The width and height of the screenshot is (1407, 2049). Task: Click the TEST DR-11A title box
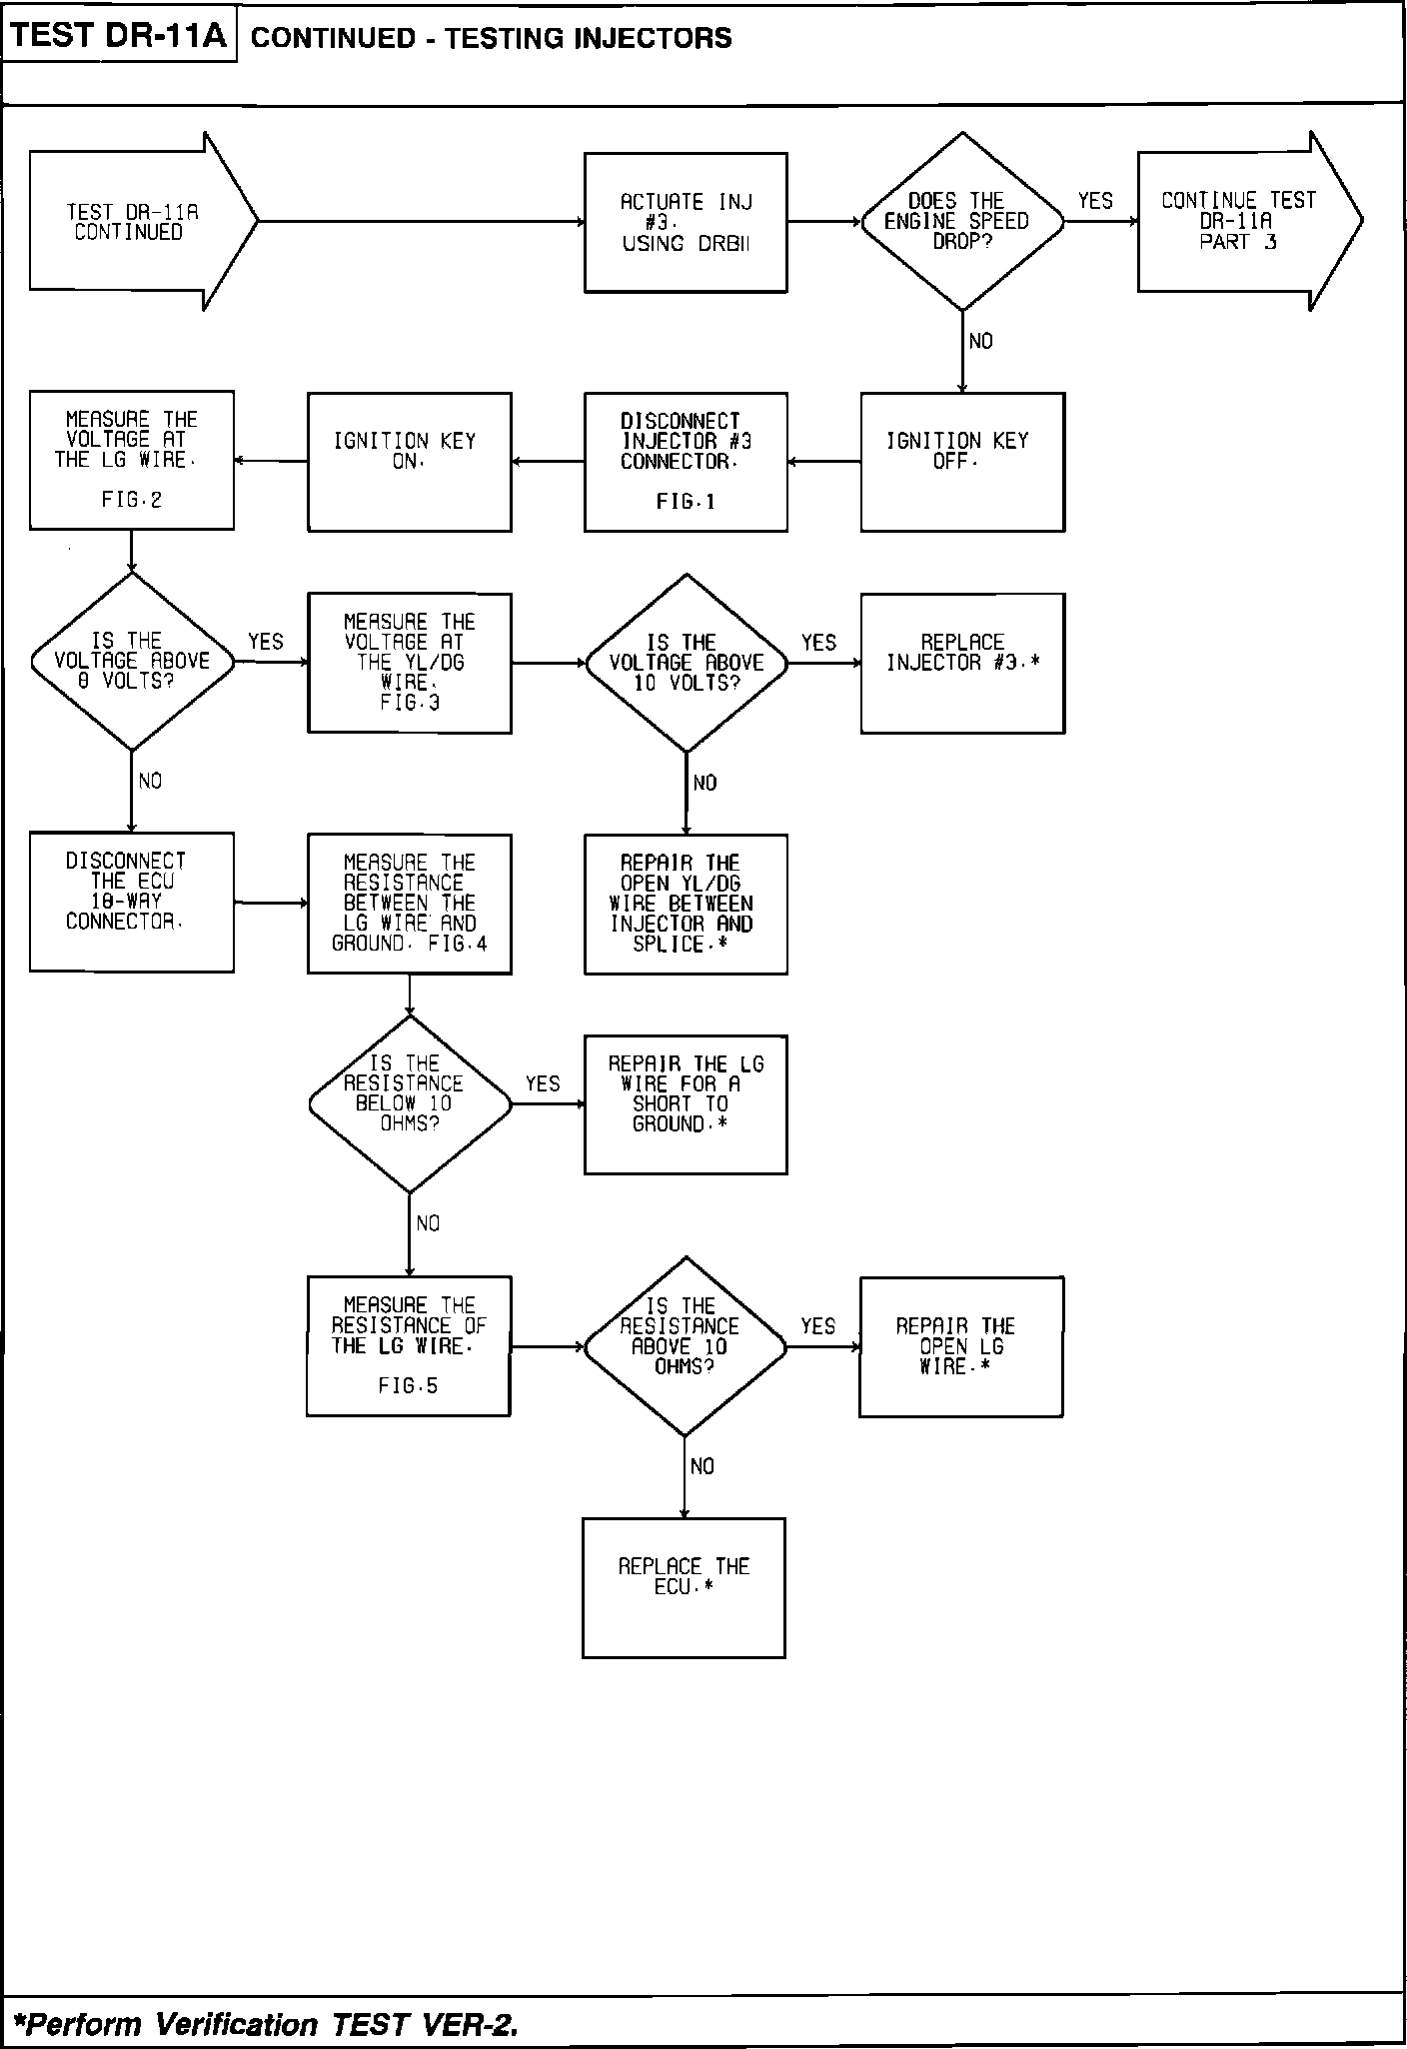(120, 37)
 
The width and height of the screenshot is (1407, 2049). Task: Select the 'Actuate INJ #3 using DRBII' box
(686, 222)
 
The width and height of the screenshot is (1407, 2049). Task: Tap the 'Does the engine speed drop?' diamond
(961, 221)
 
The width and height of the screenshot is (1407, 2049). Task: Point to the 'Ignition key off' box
(961, 461)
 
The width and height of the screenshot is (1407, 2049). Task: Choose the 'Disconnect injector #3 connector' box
(686, 461)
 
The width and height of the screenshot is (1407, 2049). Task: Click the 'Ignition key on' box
(409, 461)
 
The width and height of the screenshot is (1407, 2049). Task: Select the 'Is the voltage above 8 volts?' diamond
(132, 661)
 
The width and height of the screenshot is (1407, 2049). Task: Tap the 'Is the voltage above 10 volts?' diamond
(686, 663)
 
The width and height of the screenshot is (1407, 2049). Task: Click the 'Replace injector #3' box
(961, 663)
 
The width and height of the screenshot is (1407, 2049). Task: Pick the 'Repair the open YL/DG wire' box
(686, 904)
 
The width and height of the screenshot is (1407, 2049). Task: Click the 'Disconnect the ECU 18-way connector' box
(132, 902)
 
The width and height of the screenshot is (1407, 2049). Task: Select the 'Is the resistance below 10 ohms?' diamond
(409, 1103)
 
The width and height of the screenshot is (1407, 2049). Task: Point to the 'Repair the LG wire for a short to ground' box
(686, 1103)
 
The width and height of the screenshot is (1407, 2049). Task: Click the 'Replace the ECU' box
(684, 1588)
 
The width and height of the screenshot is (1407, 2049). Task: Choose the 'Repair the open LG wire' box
(960, 1346)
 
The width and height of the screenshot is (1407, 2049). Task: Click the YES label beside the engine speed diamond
(1095, 201)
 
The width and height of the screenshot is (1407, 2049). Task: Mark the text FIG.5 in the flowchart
(408, 1386)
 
